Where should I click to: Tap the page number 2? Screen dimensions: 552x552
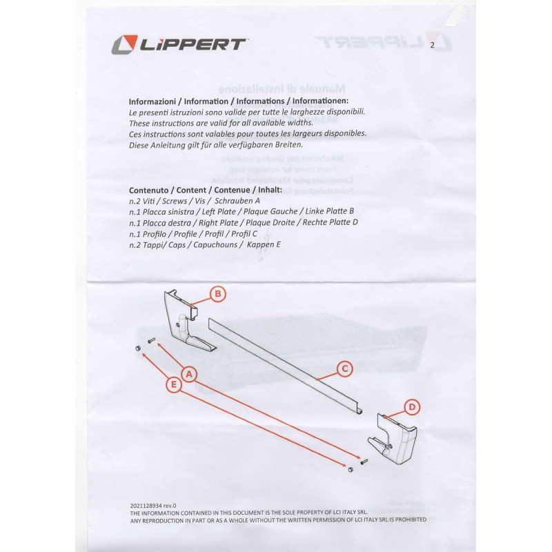click(432, 46)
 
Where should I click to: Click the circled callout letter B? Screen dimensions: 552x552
click(217, 295)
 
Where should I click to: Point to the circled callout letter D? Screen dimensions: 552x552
click(412, 407)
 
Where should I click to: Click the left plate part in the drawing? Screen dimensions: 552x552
click(185, 324)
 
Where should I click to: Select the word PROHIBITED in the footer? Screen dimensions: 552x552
click(407, 520)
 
